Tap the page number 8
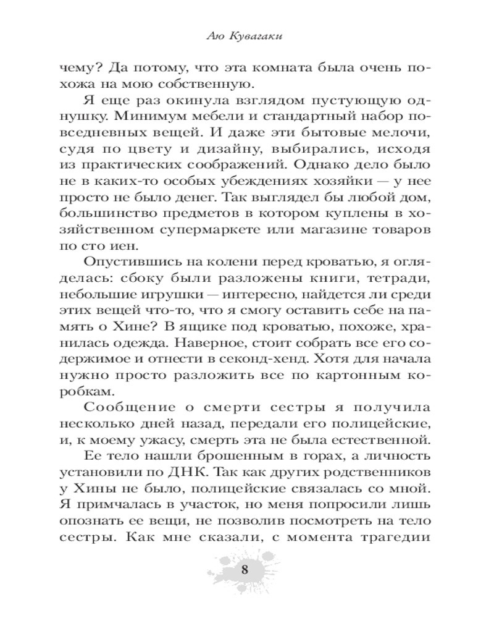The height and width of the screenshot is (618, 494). (245, 570)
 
